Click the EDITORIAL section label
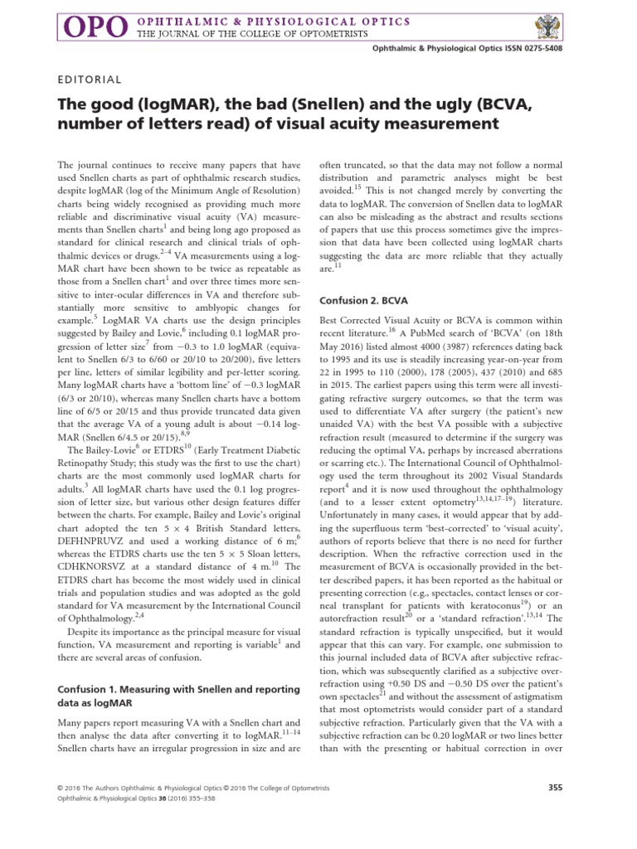[x=90, y=80]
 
